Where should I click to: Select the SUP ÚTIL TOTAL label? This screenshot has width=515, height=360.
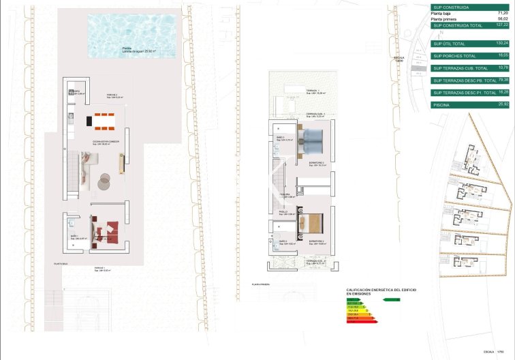[452, 43]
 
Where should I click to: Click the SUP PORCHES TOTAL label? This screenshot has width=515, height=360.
[456, 55]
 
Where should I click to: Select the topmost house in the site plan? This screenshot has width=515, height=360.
[472, 159]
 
